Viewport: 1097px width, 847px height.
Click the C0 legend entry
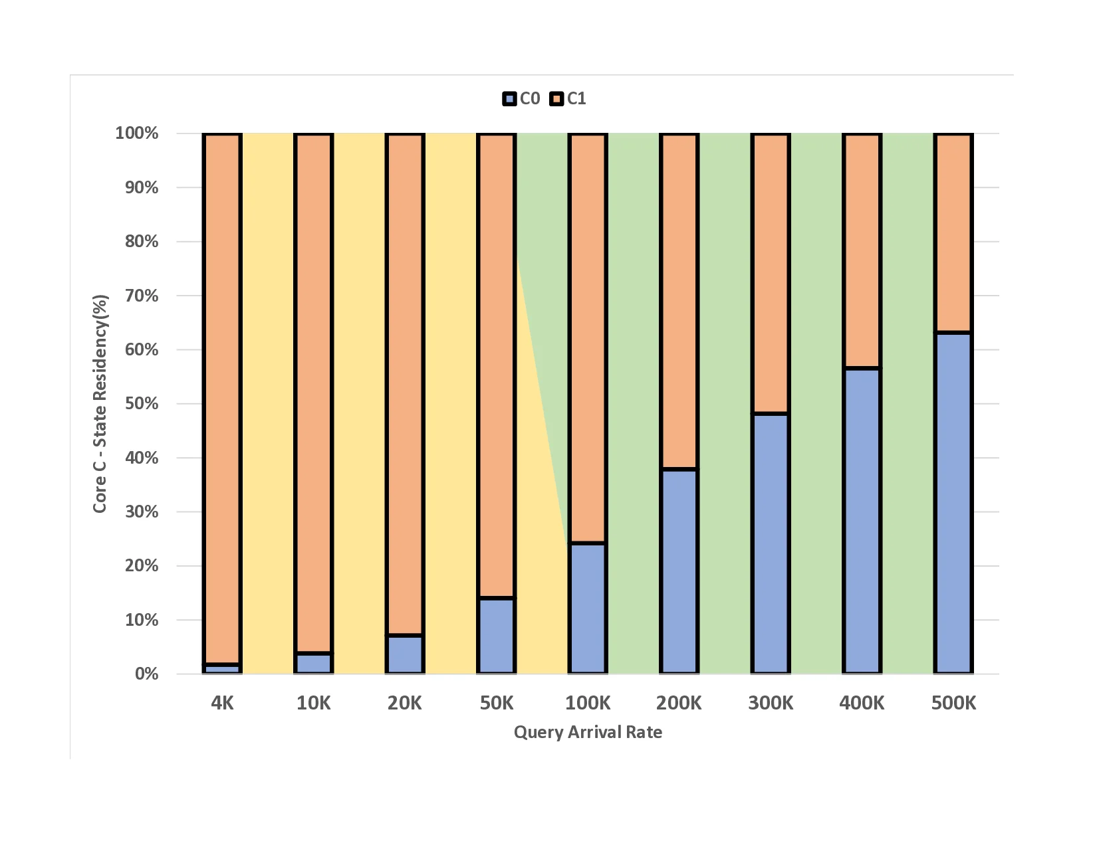(521, 99)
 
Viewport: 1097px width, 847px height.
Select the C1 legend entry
(568, 99)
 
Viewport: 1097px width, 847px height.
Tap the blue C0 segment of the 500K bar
(953, 503)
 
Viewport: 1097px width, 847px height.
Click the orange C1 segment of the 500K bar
(953, 233)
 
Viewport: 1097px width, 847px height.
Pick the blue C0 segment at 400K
(862, 521)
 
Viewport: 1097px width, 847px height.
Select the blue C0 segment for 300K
(771, 543)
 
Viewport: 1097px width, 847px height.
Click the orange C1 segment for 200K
(679, 302)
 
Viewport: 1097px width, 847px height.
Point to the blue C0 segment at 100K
(588, 609)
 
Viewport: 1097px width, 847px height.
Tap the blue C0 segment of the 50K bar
(497, 636)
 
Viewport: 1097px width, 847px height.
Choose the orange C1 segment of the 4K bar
(222, 399)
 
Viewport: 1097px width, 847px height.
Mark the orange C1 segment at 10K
(314, 393)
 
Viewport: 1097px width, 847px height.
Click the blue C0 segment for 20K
(405, 654)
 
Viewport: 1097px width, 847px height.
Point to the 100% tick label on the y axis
(137, 134)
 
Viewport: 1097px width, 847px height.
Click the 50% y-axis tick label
(142, 404)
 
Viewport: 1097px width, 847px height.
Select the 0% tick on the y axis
(146, 674)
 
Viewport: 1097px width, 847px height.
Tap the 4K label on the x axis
(222, 703)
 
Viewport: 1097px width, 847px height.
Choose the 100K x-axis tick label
(588, 703)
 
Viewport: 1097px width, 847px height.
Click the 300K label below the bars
(771, 703)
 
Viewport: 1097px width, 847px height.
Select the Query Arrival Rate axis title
(588, 732)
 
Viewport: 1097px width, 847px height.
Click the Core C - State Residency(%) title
(100, 404)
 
